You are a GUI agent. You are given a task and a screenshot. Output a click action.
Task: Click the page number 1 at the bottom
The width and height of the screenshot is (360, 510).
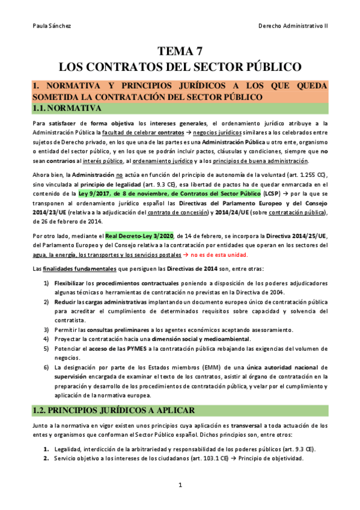click(x=180, y=485)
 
